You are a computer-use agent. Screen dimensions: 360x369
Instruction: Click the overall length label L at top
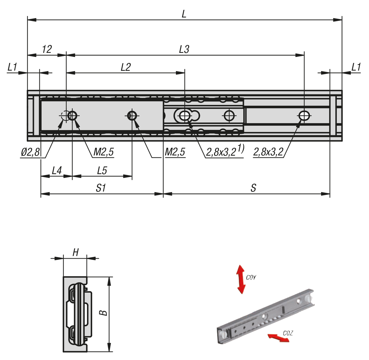184,14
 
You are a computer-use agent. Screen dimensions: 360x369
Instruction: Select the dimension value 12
47,49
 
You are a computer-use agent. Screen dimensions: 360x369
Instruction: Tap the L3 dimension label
184,49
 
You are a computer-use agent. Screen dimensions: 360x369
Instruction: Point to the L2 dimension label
125,67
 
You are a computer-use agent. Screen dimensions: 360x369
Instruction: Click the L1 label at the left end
12,67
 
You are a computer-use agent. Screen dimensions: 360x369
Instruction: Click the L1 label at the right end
356,67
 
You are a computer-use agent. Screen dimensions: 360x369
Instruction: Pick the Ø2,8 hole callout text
30,152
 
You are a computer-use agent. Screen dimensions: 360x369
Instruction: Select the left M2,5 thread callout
103,152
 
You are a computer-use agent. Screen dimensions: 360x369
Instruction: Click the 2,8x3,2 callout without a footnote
268,152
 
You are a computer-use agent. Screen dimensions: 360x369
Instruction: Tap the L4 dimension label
57,170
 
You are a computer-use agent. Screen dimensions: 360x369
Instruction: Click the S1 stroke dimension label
101,188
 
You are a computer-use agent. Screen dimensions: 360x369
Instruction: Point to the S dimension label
253,188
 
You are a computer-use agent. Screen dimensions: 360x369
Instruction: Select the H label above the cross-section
75,253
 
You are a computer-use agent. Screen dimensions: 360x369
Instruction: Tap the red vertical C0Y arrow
240,279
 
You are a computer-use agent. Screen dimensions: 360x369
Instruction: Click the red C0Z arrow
278,338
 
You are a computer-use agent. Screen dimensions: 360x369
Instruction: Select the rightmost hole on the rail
304,116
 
